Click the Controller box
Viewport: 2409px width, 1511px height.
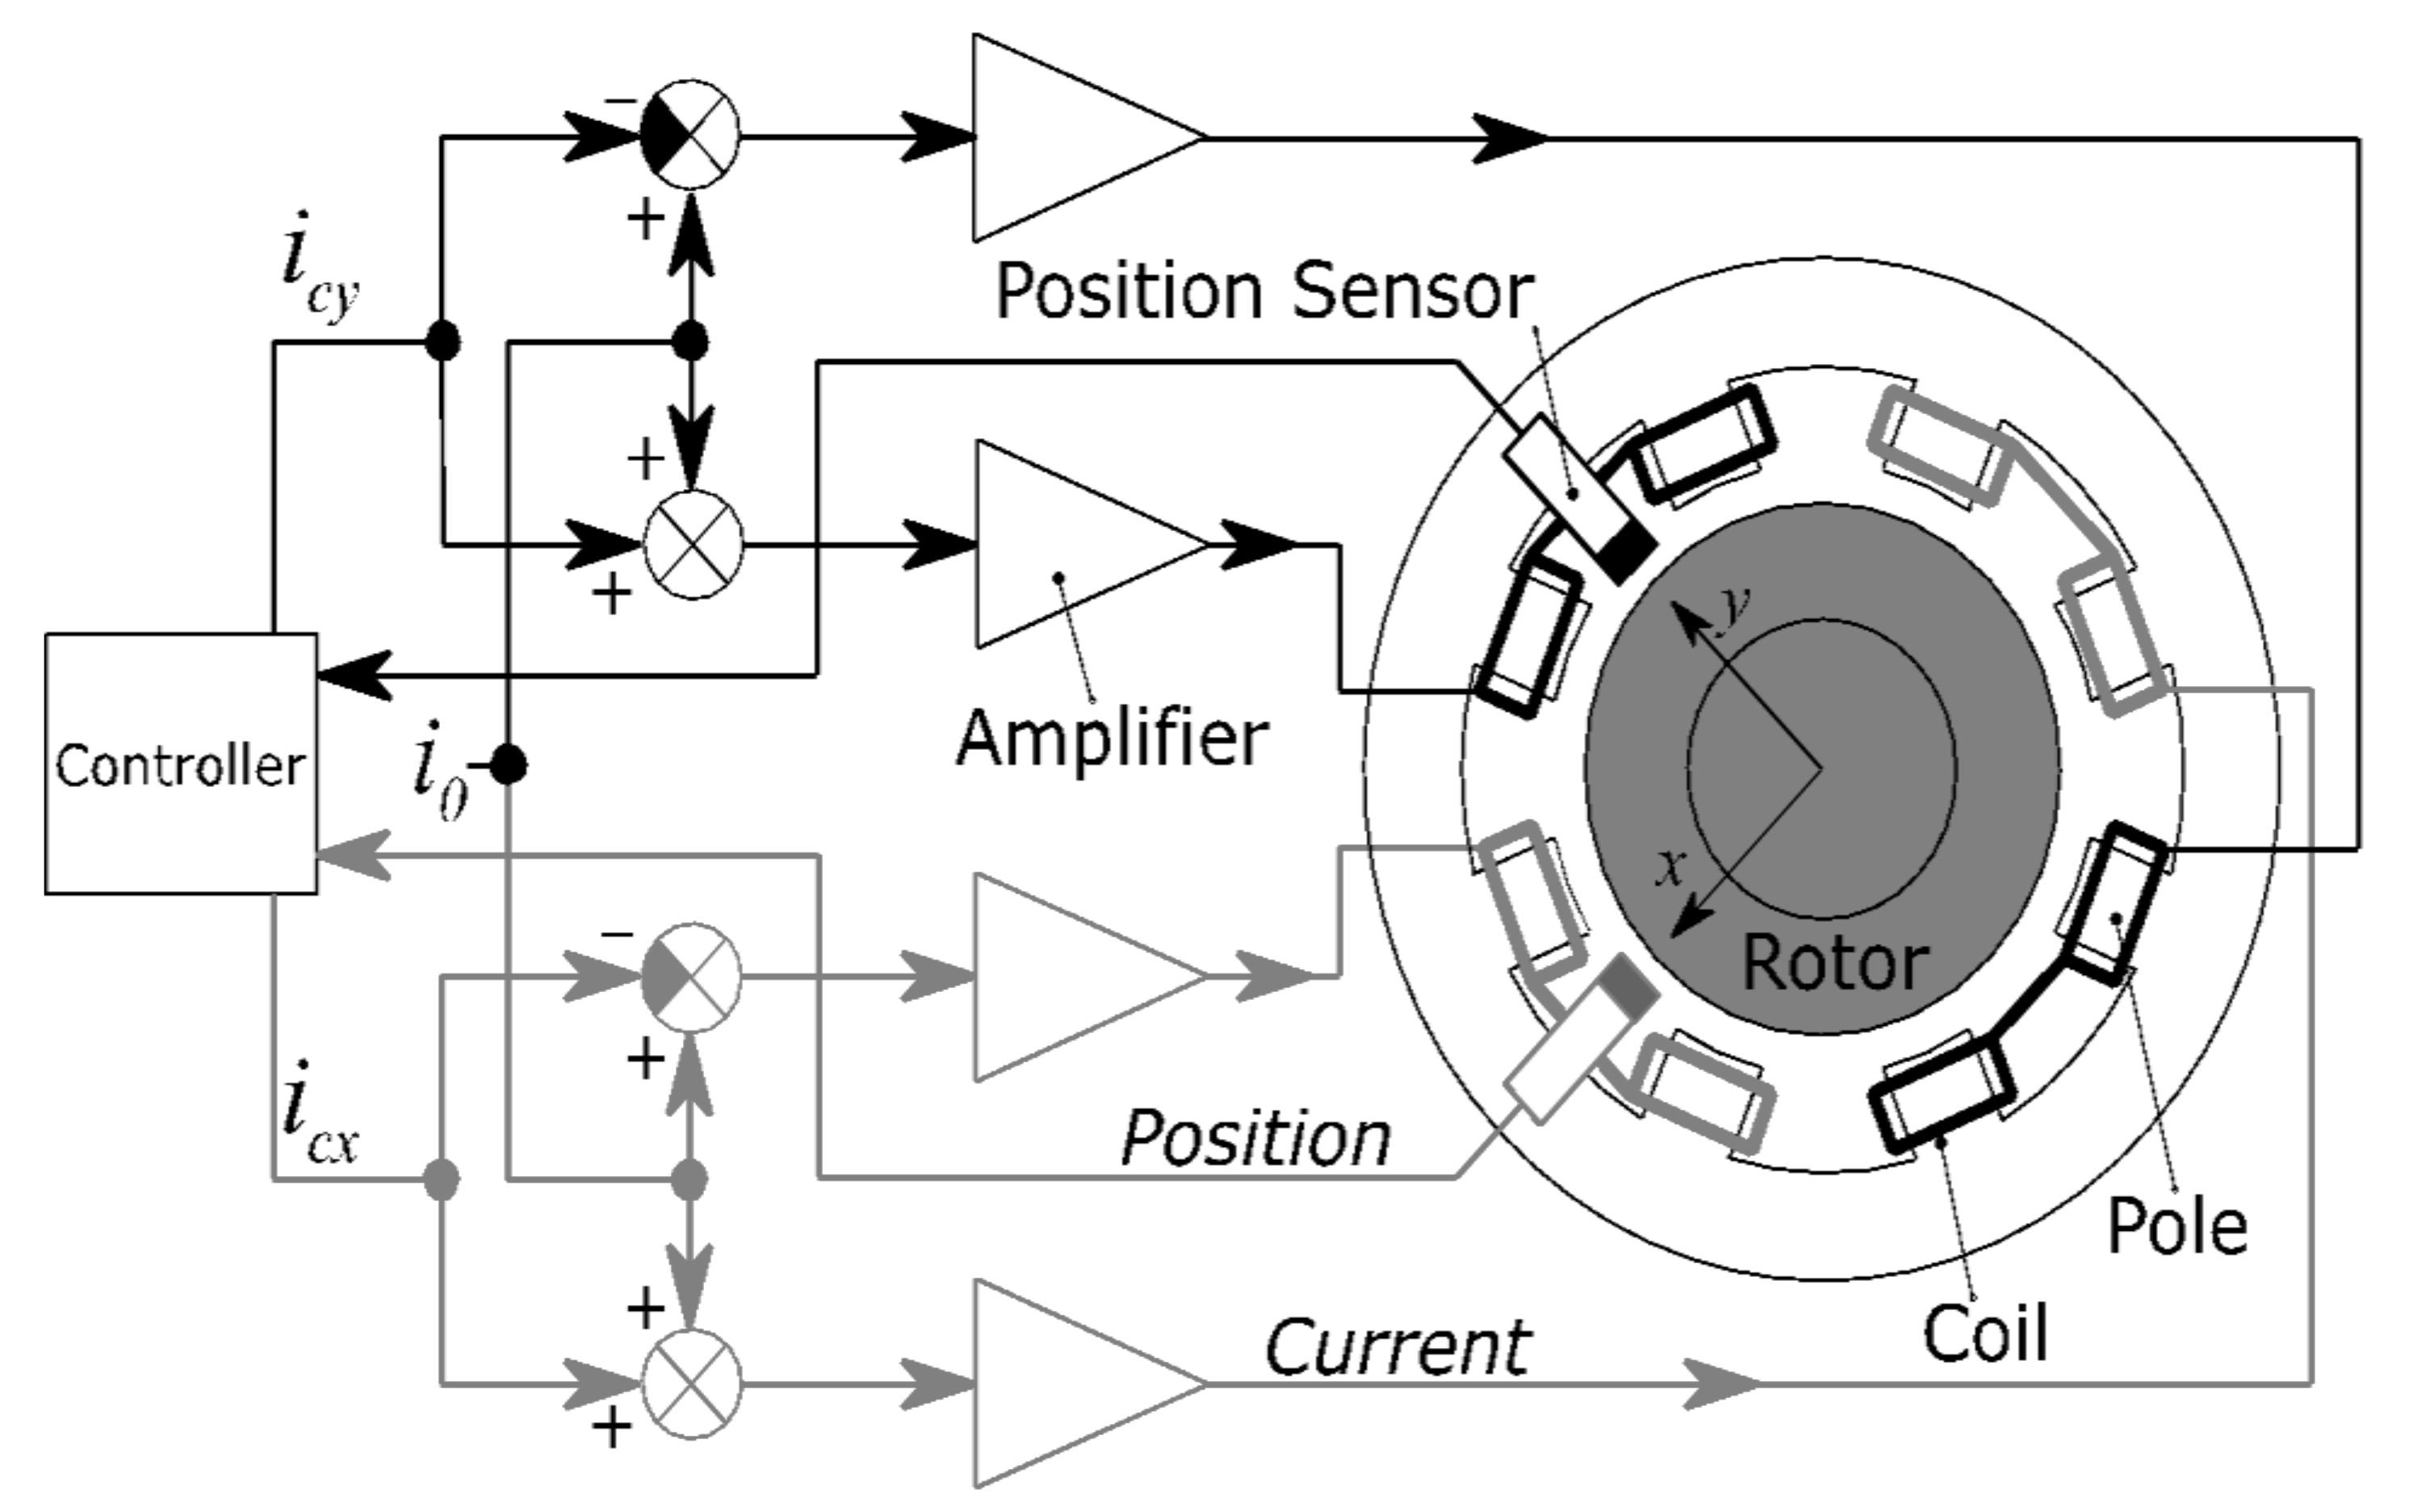pyautogui.click(x=181, y=764)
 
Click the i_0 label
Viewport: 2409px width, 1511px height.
pyautogui.click(x=440, y=769)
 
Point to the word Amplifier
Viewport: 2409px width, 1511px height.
pyautogui.click(x=1112, y=739)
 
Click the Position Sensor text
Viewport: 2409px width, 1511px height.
pyautogui.click(x=1263, y=292)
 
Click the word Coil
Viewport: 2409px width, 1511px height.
pyautogui.click(x=1985, y=1334)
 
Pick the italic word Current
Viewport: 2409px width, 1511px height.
pyautogui.click(x=1397, y=1348)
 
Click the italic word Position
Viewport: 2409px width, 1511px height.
pyautogui.click(x=1255, y=1138)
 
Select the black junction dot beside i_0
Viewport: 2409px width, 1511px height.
pyautogui.click(x=509, y=767)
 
